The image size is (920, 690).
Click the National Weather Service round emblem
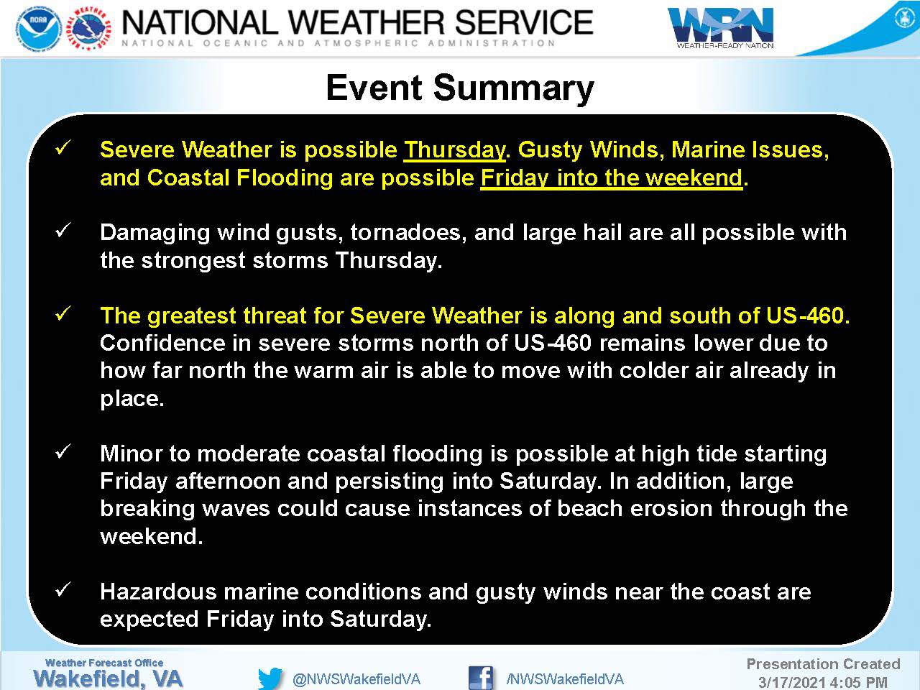tap(91, 29)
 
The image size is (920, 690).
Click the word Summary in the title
tap(513, 88)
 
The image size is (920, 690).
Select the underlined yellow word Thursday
tap(455, 149)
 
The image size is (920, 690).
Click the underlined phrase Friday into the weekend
tap(612, 178)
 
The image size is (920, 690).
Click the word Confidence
tap(162, 343)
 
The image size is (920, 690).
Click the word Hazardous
tap(158, 592)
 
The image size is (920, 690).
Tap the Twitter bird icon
tap(270, 678)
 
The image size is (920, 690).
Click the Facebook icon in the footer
tap(480, 678)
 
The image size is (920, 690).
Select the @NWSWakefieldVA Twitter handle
tap(356, 679)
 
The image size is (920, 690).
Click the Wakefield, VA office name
tap(108, 678)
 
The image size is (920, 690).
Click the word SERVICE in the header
tap(524, 22)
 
